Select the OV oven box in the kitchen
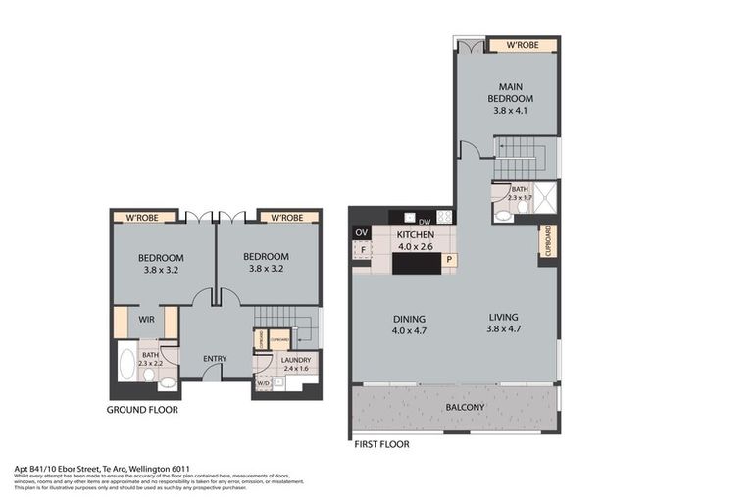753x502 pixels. click(361, 232)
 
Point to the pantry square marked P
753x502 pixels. click(449, 260)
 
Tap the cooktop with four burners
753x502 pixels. click(444, 218)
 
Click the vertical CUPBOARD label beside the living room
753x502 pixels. click(546, 241)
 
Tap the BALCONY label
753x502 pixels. click(467, 405)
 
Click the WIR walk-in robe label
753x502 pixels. click(147, 320)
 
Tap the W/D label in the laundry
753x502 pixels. click(262, 382)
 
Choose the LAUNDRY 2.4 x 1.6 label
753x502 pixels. click(295, 365)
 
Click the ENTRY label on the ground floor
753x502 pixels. click(215, 358)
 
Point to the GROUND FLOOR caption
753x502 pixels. click(142, 410)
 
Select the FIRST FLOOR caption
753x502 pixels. click(381, 444)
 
